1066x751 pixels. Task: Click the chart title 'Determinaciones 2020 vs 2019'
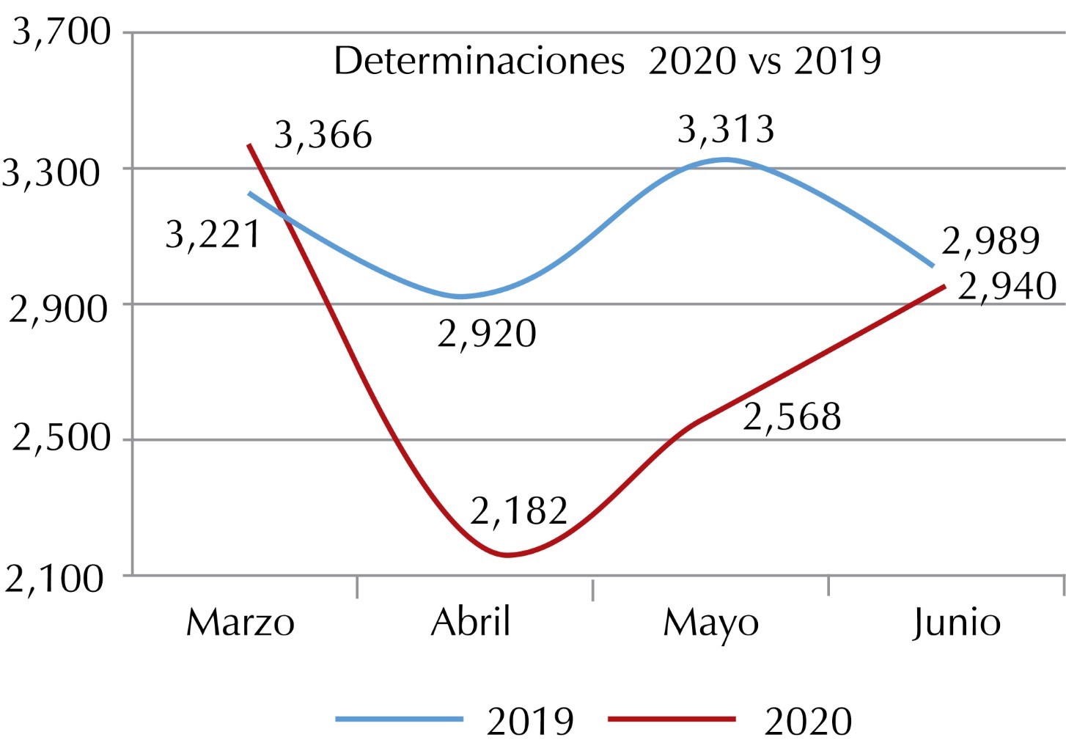[607, 61]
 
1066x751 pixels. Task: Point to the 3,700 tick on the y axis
[62, 32]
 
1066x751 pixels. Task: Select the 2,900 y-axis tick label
[57, 308]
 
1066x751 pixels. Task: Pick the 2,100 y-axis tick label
[56, 579]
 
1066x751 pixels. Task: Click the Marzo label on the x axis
[240, 623]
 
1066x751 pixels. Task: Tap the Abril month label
[470, 623]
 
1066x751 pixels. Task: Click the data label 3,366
[323, 136]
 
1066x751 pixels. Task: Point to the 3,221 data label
[213, 235]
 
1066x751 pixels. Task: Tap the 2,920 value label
[487, 334]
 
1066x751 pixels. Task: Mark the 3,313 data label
[725, 130]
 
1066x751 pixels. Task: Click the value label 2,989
[990, 241]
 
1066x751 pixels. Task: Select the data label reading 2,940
[1007, 287]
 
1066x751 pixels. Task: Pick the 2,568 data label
[792, 417]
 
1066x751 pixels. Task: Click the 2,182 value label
[519, 510]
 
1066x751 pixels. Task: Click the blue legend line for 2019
[400, 719]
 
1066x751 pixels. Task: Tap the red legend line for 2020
[672, 719]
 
